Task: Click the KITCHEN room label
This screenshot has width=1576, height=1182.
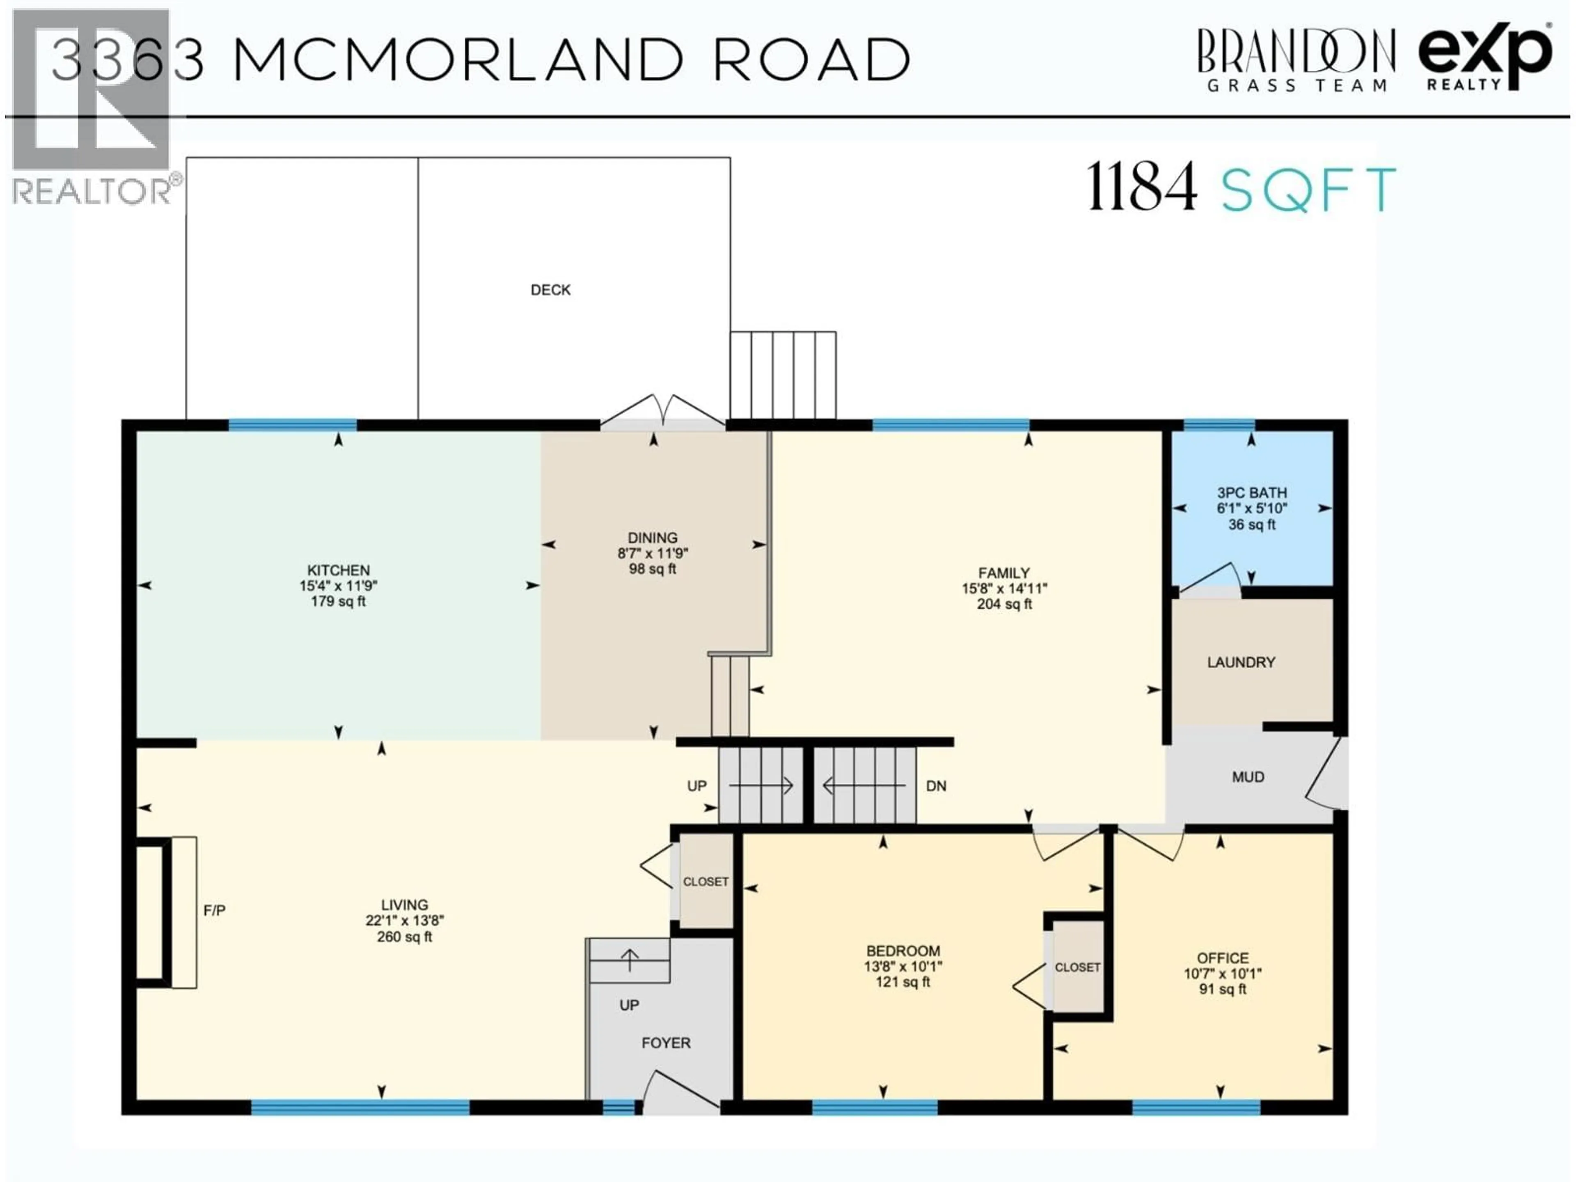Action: coord(339,570)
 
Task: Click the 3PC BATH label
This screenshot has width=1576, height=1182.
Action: coord(1252,492)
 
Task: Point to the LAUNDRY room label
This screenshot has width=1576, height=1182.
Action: coord(1241,662)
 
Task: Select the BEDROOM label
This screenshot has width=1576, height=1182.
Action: coord(903,951)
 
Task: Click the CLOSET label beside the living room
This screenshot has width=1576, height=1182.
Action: coord(706,881)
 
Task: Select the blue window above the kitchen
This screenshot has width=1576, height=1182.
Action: coord(292,425)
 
